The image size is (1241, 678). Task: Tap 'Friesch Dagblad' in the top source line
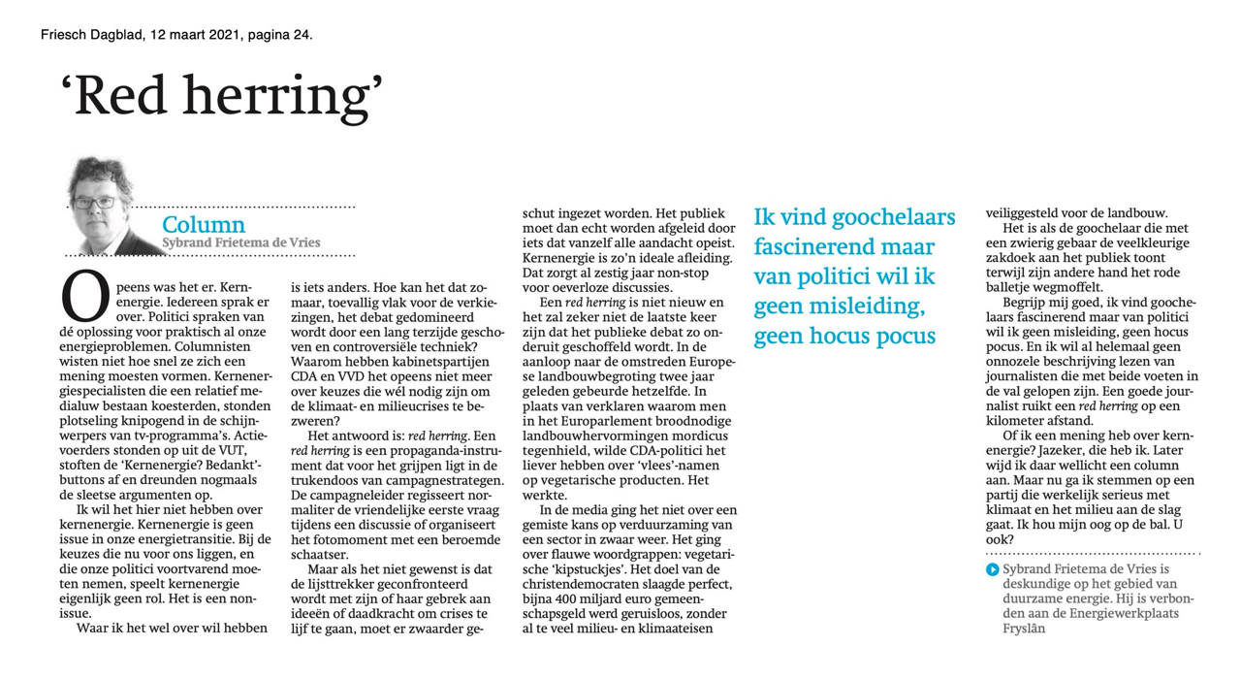(92, 35)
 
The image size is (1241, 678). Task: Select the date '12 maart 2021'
(193, 35)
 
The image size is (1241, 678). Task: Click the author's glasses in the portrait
(95, 203)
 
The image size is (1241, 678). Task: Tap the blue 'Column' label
(204, 226)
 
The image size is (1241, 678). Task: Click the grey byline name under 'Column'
(241, 242)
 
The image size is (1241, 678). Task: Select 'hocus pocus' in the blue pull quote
(876, 336)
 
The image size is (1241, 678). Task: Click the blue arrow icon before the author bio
(992, 569)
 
